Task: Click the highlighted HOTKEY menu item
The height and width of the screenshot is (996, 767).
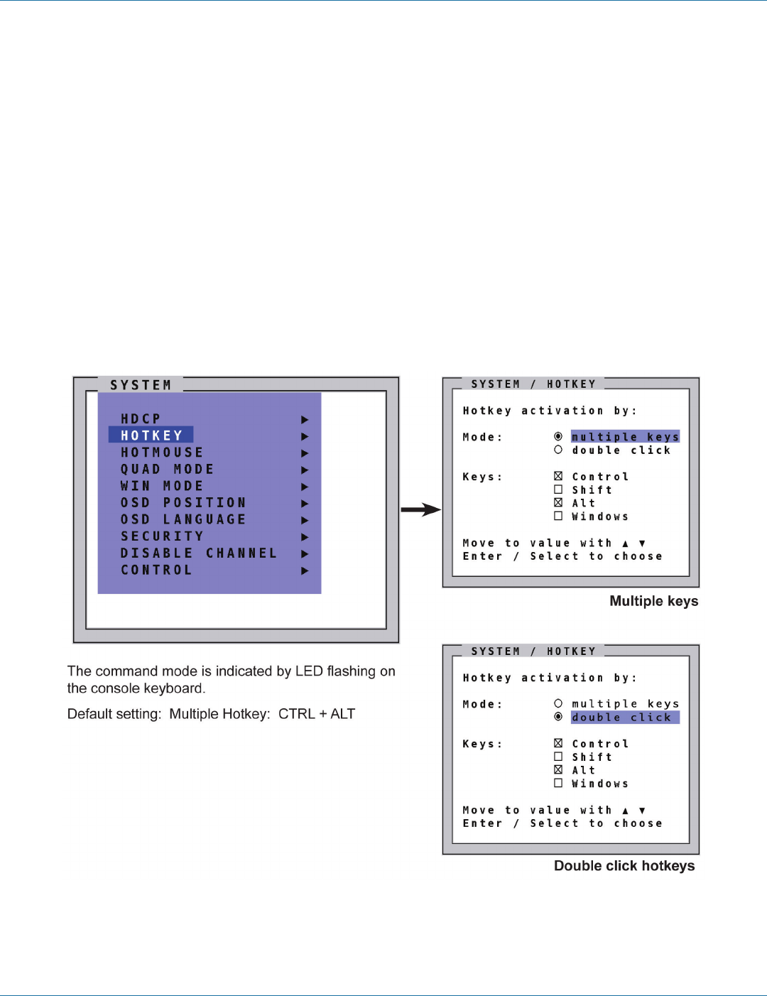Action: [151, 435]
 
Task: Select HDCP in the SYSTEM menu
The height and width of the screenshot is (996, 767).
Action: [141, 419]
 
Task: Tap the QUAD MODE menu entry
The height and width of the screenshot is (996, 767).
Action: [167, 470]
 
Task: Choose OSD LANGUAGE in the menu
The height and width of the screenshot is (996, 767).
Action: [183, 520]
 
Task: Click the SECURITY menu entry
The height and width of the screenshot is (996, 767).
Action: [162, 536]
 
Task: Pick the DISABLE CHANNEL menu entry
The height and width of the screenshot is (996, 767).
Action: [199, 553]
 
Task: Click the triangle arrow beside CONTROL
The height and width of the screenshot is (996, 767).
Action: [305, 570]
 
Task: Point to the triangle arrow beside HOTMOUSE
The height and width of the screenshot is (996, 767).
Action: [305, 453]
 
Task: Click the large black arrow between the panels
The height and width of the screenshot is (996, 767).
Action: [421, 509]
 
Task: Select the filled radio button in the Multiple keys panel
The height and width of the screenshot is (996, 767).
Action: [558, 436]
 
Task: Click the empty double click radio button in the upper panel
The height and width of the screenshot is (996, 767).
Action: [558, 450]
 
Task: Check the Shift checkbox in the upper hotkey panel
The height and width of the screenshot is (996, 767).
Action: [558, 489]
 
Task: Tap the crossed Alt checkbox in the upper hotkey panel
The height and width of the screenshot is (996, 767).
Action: [558, 502]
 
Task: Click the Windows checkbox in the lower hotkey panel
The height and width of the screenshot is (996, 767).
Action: [558, 783]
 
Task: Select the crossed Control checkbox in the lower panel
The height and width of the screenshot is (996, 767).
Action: [558, 743]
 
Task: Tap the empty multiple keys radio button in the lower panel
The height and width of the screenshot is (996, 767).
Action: [558, 703]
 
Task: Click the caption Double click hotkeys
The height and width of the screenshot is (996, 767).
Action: [624, 866]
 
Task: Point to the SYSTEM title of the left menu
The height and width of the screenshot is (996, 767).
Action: [141, 385]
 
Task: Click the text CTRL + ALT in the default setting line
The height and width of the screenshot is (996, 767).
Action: [317, 714]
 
